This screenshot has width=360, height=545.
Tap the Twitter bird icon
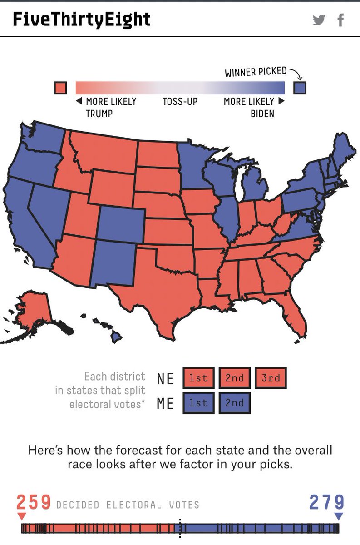click(x=319, y=20)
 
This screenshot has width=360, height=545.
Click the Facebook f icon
click(x=340, y=20)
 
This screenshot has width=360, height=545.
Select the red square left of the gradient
click(x=60, y=88)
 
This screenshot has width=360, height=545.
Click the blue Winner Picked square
click(x=300, y=88)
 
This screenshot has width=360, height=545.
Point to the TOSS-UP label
click(x=180, y=101)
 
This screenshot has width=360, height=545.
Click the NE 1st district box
click(x=198, y=378)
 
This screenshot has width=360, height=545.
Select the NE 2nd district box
click(x=234, y=378)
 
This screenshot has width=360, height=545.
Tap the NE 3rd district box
click(x=271, y=378)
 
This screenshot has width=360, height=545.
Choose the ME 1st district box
click(x=198, y=403)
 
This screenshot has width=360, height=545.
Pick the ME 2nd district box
click(x=234, y=403)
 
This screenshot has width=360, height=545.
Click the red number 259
click(x=34, y=503)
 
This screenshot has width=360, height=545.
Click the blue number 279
click(x=326, y=503)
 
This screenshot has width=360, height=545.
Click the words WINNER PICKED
click(x=256, y=72)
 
